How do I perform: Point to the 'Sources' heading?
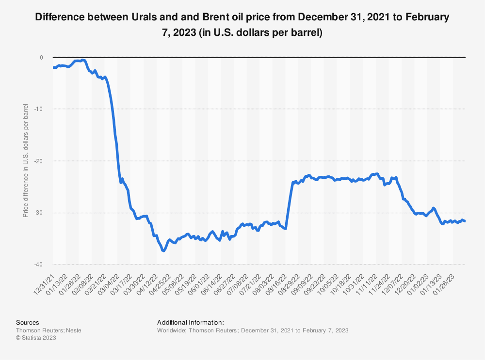point(28,322)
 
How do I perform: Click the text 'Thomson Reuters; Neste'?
point(48,330)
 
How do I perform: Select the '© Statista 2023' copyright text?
point(36,338)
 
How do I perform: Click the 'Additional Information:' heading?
point(191,322)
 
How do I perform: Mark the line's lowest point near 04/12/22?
point(164,250)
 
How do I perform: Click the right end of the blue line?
point(465,221)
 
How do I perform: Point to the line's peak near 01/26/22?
point(83,60)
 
